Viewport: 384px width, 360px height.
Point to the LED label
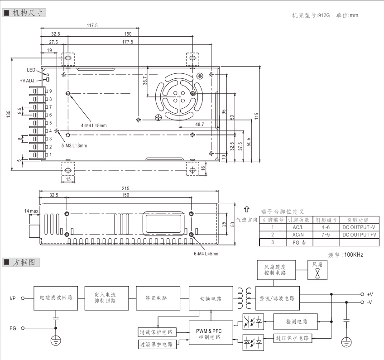pyautogui.click(x=30, y=70)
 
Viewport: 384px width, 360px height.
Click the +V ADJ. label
pyautogui.click(x=30, y=80)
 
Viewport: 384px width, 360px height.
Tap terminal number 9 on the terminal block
pyautogui.click(x=51, y=91)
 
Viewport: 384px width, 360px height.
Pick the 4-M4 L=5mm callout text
pyautogui.click(x=94, y=125)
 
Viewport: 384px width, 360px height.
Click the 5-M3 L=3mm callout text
pyautogui.click(x=74, y=146)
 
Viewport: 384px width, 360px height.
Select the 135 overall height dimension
pyautogui.click(x=8, y=114)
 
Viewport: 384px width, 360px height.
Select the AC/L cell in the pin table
pyautogui.click(x=298, y=227)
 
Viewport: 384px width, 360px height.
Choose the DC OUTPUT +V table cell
pyautogui.click(x=359, y=235)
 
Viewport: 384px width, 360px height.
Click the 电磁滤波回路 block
pyautogui.click(x=56, y=298)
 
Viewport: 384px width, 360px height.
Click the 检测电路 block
pyautogui.click(x=297, y=322)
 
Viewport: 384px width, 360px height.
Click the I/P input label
pyautogui.click(x=13, y=298)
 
